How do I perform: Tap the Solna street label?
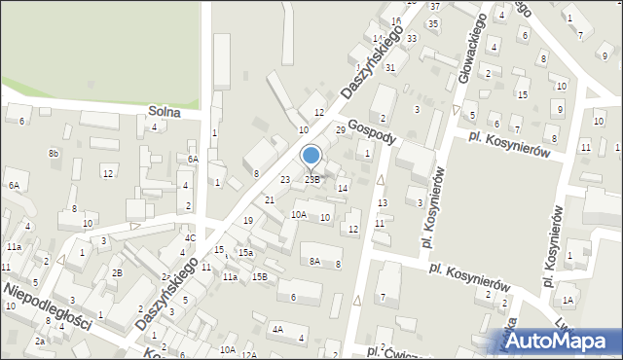165,112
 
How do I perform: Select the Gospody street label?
370,131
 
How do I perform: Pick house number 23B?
311,179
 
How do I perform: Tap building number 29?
341,129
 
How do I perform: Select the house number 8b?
54,154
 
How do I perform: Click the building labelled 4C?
191,237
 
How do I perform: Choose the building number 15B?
259,277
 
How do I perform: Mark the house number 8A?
314,261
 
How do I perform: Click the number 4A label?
277,329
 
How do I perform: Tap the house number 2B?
117,272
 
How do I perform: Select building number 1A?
568,301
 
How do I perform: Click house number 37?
434,7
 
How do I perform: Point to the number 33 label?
412,38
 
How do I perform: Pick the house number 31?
389,67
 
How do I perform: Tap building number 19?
248,221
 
